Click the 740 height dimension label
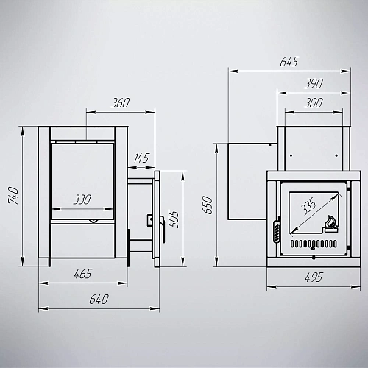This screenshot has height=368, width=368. pyautogui.click(x=13, y=196)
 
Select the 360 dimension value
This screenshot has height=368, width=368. pyautogui.click(x=120, y=103)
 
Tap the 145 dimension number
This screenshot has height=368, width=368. pyautogui.click(x=141, y=158)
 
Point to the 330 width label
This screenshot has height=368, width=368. pyautogui.click(x=82, y=199)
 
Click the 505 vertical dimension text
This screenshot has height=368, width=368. pyautogui.click(x=174, y=219)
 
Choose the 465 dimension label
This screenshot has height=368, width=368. pyautogui.click(x=83, y=274)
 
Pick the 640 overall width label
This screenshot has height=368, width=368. pyautogui.click(x=99, y=300)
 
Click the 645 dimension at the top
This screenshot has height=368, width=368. pyautogui.click(x=289, y=62)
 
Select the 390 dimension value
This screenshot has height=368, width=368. pyautogui.click(x=314, y=84)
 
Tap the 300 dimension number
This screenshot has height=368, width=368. pyautogui.click(x=314, y=103)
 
